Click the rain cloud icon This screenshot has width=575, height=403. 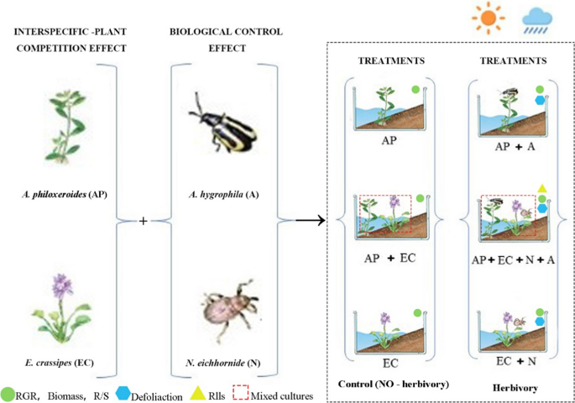pos(536,18)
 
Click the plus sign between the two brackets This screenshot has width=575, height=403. pos(144,220)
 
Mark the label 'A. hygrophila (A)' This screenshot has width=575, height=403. pos(222,194)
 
